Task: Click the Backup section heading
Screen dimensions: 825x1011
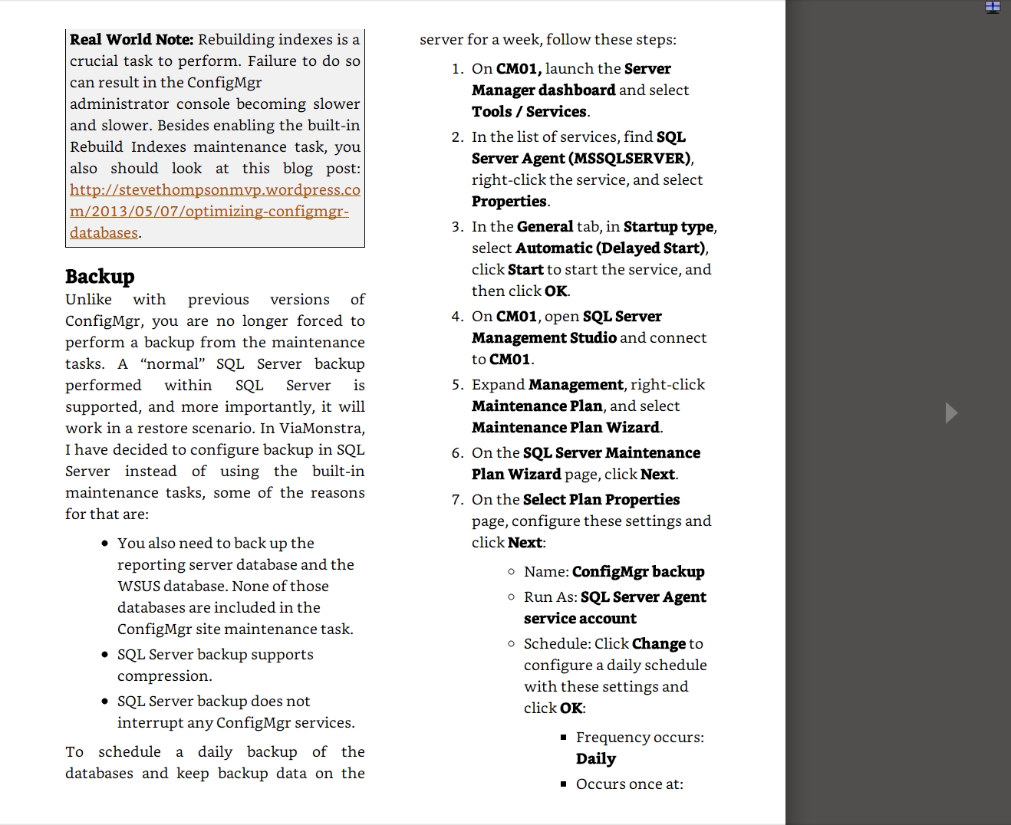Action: pos(100,277)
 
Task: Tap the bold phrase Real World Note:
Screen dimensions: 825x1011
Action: pos(131,40)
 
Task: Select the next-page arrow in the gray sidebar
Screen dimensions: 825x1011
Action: pos(951,412)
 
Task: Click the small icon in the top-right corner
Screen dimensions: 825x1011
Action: pos(993,8)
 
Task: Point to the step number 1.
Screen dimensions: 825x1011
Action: pos(457,69)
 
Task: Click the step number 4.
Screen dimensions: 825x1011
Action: pos(457,317)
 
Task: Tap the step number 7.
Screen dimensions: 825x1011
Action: pos(457,500)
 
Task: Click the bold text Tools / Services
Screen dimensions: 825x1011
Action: pos(530,112)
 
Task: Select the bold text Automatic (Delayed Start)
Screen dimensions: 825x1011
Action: pos(611,248)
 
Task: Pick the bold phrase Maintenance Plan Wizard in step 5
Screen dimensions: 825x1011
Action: pos(566,428)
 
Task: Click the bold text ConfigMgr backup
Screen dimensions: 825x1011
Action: pos(638,572)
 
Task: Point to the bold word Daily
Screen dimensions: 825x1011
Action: pos(596,759)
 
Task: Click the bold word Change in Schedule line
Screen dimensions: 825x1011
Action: pos(658,644)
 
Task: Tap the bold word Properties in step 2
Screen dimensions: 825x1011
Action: pos(509,202)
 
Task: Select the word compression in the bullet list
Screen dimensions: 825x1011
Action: pos(163,676)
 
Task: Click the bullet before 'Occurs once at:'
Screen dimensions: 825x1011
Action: pos(564,784)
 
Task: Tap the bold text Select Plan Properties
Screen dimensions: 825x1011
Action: pos(601,500)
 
